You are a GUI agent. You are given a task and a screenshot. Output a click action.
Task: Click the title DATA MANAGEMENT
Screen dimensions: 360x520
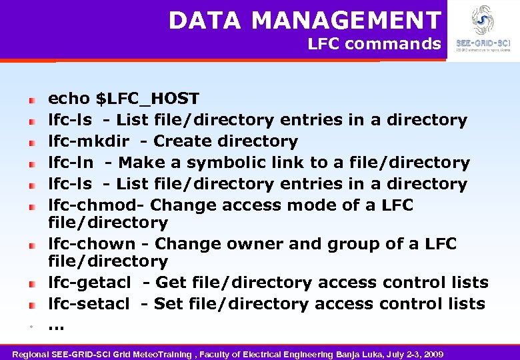[x=305, y=21]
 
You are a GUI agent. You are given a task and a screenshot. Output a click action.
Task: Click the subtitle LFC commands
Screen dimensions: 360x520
[x=374, y=45]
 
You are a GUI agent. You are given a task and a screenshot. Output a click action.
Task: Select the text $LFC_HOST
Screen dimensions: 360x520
[x=147, y=99]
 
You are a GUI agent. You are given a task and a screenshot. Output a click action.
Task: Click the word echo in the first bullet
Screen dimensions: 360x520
[x=69, y=99]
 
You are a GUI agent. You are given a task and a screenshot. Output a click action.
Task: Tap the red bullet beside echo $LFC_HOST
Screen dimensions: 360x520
[x=31, y=100]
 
